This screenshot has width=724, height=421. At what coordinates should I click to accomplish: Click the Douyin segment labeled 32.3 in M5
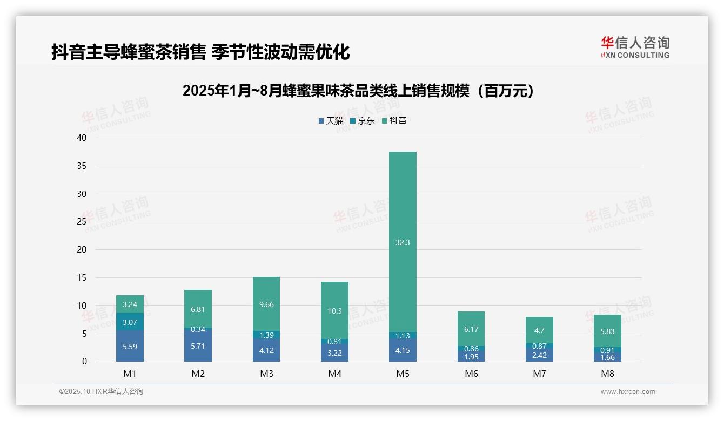(x=403, y=242)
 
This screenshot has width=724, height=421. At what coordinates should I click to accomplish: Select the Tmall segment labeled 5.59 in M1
(x=130, y=346)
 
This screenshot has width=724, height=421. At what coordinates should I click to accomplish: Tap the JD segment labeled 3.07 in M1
(x=130, y=322)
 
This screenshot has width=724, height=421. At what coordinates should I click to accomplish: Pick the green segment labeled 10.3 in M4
(x=334, y=310)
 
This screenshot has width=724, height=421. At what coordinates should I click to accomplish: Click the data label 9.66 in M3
(x=266, y=304)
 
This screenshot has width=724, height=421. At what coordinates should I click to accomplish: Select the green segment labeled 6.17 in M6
(x=471, y=329)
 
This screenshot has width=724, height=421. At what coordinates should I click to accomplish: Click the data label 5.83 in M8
(x=607, y=331)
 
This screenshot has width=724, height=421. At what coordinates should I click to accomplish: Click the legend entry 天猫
(x=331, y=121)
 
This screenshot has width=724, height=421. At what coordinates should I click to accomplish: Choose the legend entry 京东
(x=363, y=121)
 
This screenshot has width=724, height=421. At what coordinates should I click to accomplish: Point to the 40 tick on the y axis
(x=82, y=138)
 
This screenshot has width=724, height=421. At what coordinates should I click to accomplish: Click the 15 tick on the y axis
(x=82, y=278)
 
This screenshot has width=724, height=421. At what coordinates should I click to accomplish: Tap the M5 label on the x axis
(x=403, y=374)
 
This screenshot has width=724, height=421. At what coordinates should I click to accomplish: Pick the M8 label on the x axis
(x=607, y=374)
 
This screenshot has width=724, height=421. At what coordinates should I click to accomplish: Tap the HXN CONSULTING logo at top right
(x=635, y=47)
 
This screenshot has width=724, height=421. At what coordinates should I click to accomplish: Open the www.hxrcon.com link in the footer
(x=628, y=392)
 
